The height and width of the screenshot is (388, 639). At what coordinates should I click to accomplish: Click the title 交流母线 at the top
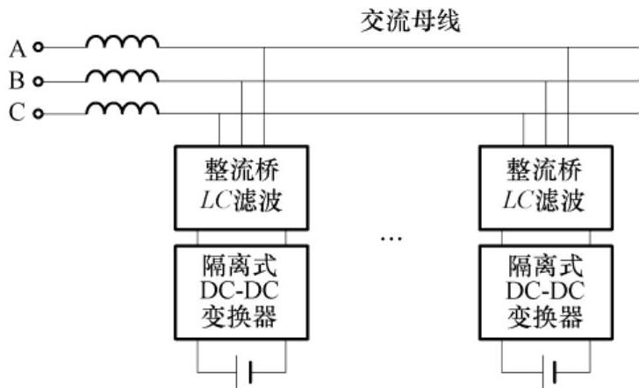pyautogui.click(x=412, y=20)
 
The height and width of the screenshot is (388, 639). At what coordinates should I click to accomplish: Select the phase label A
pyautogui.click(x=18, y=47)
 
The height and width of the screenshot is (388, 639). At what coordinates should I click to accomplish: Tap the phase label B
pyautogui.click(x=17, y=81)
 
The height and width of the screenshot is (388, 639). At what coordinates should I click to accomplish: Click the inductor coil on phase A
pyautogui.click(x=122, y=41)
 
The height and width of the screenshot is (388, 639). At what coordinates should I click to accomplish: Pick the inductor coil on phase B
pyautogui.click(x=122, y=75)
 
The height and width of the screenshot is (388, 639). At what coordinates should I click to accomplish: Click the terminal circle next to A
pyautogui.click(x=38, y=47)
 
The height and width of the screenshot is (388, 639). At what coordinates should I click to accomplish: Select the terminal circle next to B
pyautogui.click(x=38, y=81)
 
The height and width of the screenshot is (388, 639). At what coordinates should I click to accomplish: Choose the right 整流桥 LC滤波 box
pyautogui.click(x=545, y=185)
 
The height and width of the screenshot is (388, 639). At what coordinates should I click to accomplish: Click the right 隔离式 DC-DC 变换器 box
pyautogui.click(x=545, y=289)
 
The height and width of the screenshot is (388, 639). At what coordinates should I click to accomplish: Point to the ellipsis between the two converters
pyautogui.click(x=392, y=238)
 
